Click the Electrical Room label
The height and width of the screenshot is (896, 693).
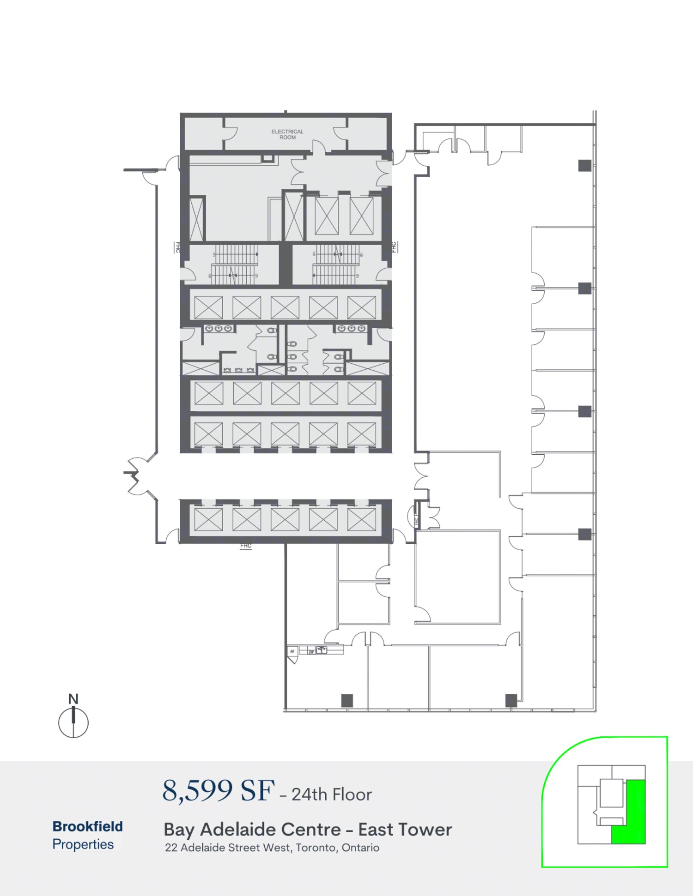pos(287,134)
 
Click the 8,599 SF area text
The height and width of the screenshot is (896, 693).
pos(218,791)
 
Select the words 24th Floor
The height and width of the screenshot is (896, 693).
pos(332,794)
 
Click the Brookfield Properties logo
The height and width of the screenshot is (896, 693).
pos(87,835)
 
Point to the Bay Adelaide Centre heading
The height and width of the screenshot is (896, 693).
pos(308,830)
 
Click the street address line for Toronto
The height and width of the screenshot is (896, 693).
pos(272,848)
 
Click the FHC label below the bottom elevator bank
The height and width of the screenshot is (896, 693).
pos(246,546)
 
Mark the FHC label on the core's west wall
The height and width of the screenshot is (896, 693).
pos(177,247)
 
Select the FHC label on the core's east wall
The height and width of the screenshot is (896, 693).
pos(394,247)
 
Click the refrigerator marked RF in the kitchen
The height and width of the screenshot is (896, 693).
pos(292,652)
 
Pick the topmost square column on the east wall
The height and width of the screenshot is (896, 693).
pos(585,165)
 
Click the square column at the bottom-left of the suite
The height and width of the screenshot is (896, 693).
pos(347,700)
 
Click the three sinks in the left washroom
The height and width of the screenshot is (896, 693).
pos(219,329)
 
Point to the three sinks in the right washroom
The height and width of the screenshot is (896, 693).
pos(352,329)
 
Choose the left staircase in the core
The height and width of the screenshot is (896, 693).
pos(234,265)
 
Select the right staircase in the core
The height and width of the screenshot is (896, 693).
pos(338,265)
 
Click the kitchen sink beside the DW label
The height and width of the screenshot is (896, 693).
pos(322,649)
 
